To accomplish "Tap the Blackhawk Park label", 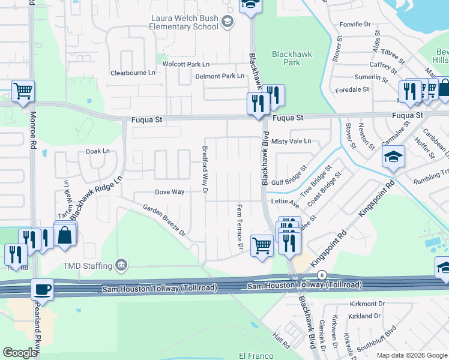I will click(292, 58).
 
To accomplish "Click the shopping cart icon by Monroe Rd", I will click(23, 91).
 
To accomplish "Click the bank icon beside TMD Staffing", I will click(121, 265).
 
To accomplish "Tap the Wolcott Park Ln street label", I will click(185, 64).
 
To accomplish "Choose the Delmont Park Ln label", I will click(220, 76).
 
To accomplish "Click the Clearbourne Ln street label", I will click(133, 73).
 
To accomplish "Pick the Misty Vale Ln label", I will click(291, 142).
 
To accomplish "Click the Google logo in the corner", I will click(20, 353).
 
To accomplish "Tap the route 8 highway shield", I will click(322, 275).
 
